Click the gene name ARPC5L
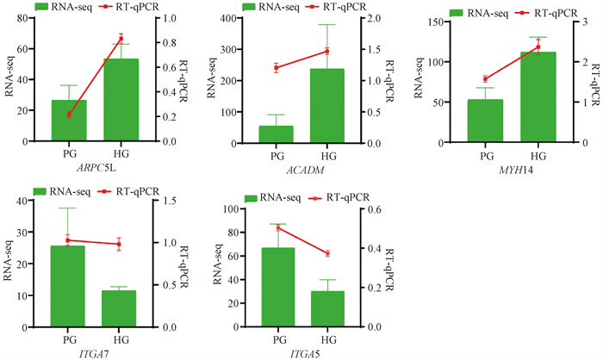tap(94, 169)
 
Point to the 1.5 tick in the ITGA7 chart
tap(164, 201)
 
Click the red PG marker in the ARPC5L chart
tap(68, 115)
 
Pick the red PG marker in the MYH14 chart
tap(486, 79)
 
